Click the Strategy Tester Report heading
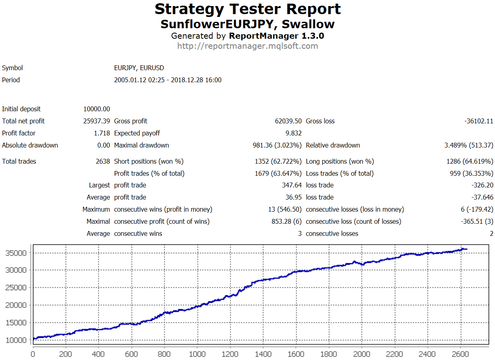click(247, 9)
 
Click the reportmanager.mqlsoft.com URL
click(247, 46)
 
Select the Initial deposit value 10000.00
click(96, 109)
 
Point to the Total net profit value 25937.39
click(96, 121)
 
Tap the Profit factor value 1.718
click(102, 133)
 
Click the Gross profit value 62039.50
click(288, 121)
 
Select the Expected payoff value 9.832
click(293, 133)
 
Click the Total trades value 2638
click(103, 161)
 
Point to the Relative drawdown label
click(333, 145)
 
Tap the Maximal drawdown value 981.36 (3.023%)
click(277, 145)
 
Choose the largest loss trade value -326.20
click(482, 185)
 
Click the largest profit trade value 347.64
click(292, 185)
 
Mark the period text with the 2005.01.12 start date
click(168, 80)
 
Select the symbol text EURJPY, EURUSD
click(139, 68)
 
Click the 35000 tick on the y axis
click(16, 253)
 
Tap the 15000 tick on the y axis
click(16, 323)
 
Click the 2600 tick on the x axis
click(460, 354)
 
